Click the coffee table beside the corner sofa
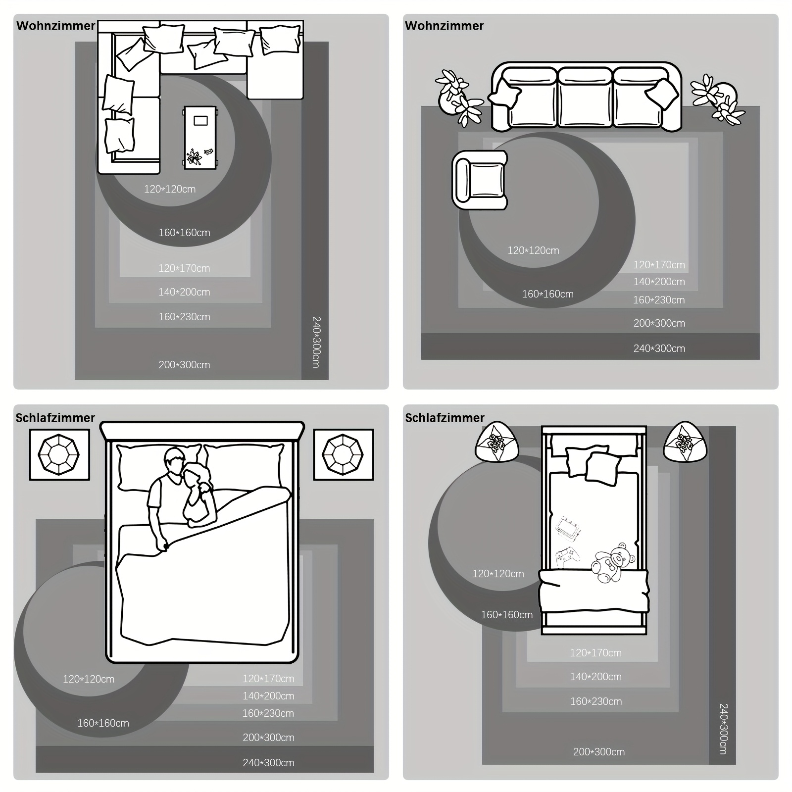200,138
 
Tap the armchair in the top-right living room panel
480,180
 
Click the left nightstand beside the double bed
59,454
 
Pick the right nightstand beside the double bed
343,454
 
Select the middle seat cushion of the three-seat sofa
586,98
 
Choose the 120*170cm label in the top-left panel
184,268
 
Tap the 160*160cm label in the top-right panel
547,294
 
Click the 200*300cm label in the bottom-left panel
268,738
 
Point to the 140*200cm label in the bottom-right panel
595,677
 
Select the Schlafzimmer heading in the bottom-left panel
55,418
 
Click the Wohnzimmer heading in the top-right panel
444,26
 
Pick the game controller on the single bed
567,557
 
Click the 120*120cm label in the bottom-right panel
498,574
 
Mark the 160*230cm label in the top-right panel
659,300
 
